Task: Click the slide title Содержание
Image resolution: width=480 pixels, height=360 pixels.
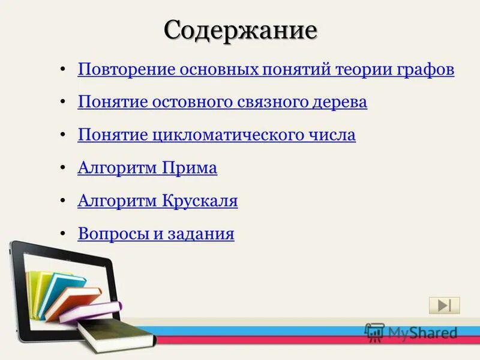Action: pos(240,29)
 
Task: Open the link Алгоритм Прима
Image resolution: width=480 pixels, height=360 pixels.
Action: pos(147,169)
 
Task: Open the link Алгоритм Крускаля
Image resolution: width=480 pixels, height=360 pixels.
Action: pos(158,202)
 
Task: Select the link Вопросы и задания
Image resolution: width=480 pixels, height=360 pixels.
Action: pos(156,234)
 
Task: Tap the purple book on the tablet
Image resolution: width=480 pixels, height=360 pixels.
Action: pos(90,312)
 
